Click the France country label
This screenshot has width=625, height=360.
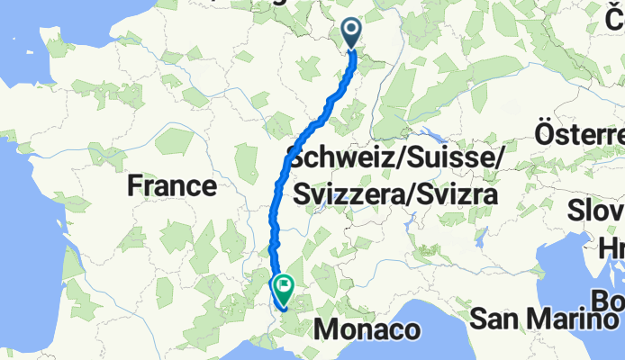[171, 186]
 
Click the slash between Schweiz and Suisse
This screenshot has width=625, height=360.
[397, 159]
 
